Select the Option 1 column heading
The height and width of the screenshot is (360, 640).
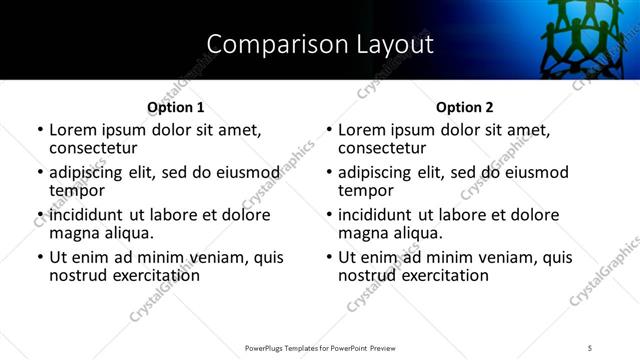175,107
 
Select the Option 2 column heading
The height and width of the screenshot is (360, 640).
465,107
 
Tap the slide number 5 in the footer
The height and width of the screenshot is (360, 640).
590,347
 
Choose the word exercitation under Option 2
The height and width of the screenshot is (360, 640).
441,275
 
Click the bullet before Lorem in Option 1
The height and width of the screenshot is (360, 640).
40,130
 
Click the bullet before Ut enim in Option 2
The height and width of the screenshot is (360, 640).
329,258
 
